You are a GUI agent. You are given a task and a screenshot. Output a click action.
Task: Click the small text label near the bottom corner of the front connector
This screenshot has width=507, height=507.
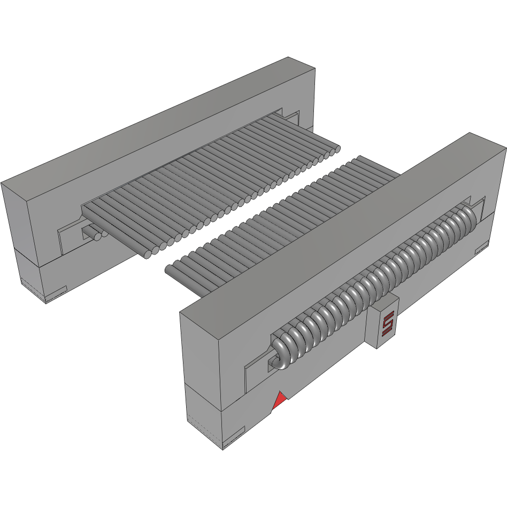(234, 437)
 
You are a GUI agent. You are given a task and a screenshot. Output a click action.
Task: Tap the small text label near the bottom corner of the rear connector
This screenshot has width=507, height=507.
(56, 296)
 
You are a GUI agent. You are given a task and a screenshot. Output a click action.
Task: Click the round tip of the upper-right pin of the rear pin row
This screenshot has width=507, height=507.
(336, 150)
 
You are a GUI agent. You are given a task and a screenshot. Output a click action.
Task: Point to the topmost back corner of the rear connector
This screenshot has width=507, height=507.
(288, 57)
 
